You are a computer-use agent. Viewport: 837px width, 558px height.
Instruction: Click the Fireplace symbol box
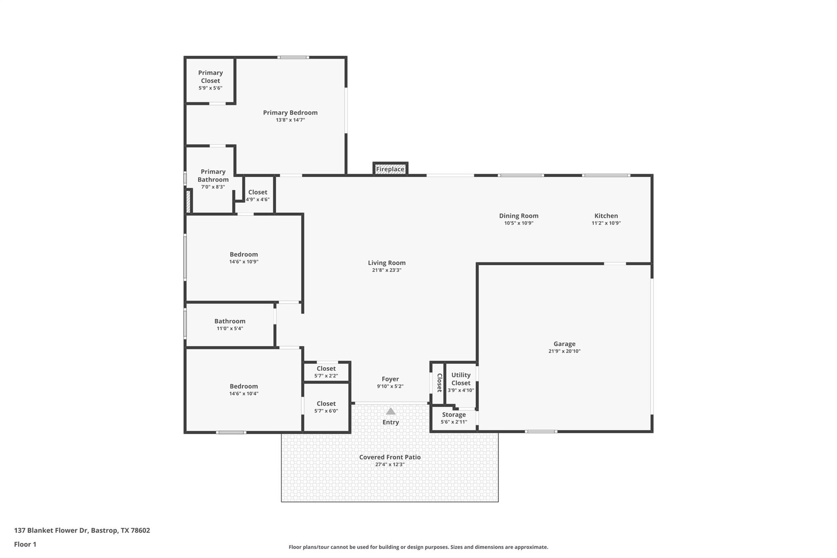[x=390, y=169]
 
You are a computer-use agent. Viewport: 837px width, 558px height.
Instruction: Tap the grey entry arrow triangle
[x=391, y=411]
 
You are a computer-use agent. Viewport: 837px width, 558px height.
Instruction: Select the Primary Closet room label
[x=210, y=77]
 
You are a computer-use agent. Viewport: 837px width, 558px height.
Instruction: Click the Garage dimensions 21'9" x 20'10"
[x=564, y=351]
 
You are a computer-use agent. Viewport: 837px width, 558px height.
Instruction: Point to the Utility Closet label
[x=461, y=379]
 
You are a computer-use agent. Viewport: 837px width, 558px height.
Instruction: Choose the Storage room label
[x=454, y=415]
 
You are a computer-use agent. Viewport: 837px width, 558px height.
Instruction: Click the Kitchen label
[x=606, y=216]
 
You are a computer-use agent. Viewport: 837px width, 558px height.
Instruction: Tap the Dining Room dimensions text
[x=519, y=223]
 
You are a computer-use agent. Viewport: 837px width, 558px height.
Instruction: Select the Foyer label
[x=390, y=379]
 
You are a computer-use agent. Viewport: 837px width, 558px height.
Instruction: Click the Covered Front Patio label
[x=390, y=457]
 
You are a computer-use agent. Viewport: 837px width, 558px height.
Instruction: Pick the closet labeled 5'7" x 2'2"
[x=326, y=372]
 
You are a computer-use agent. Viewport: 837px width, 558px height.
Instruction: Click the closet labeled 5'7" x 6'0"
[x=326, y=407]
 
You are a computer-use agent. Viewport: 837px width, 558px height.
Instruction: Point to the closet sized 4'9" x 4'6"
[x=257, y=195]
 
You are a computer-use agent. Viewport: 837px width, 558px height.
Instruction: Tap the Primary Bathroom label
[x=213, y=176]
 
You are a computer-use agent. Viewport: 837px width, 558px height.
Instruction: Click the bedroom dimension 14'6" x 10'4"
[x=244, y=394]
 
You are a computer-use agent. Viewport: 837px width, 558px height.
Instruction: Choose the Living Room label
[x=387, y=263]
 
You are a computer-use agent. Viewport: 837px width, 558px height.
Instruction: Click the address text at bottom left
[x=82, y=530]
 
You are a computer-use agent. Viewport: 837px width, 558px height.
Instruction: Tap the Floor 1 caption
[x=25, y=544]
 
